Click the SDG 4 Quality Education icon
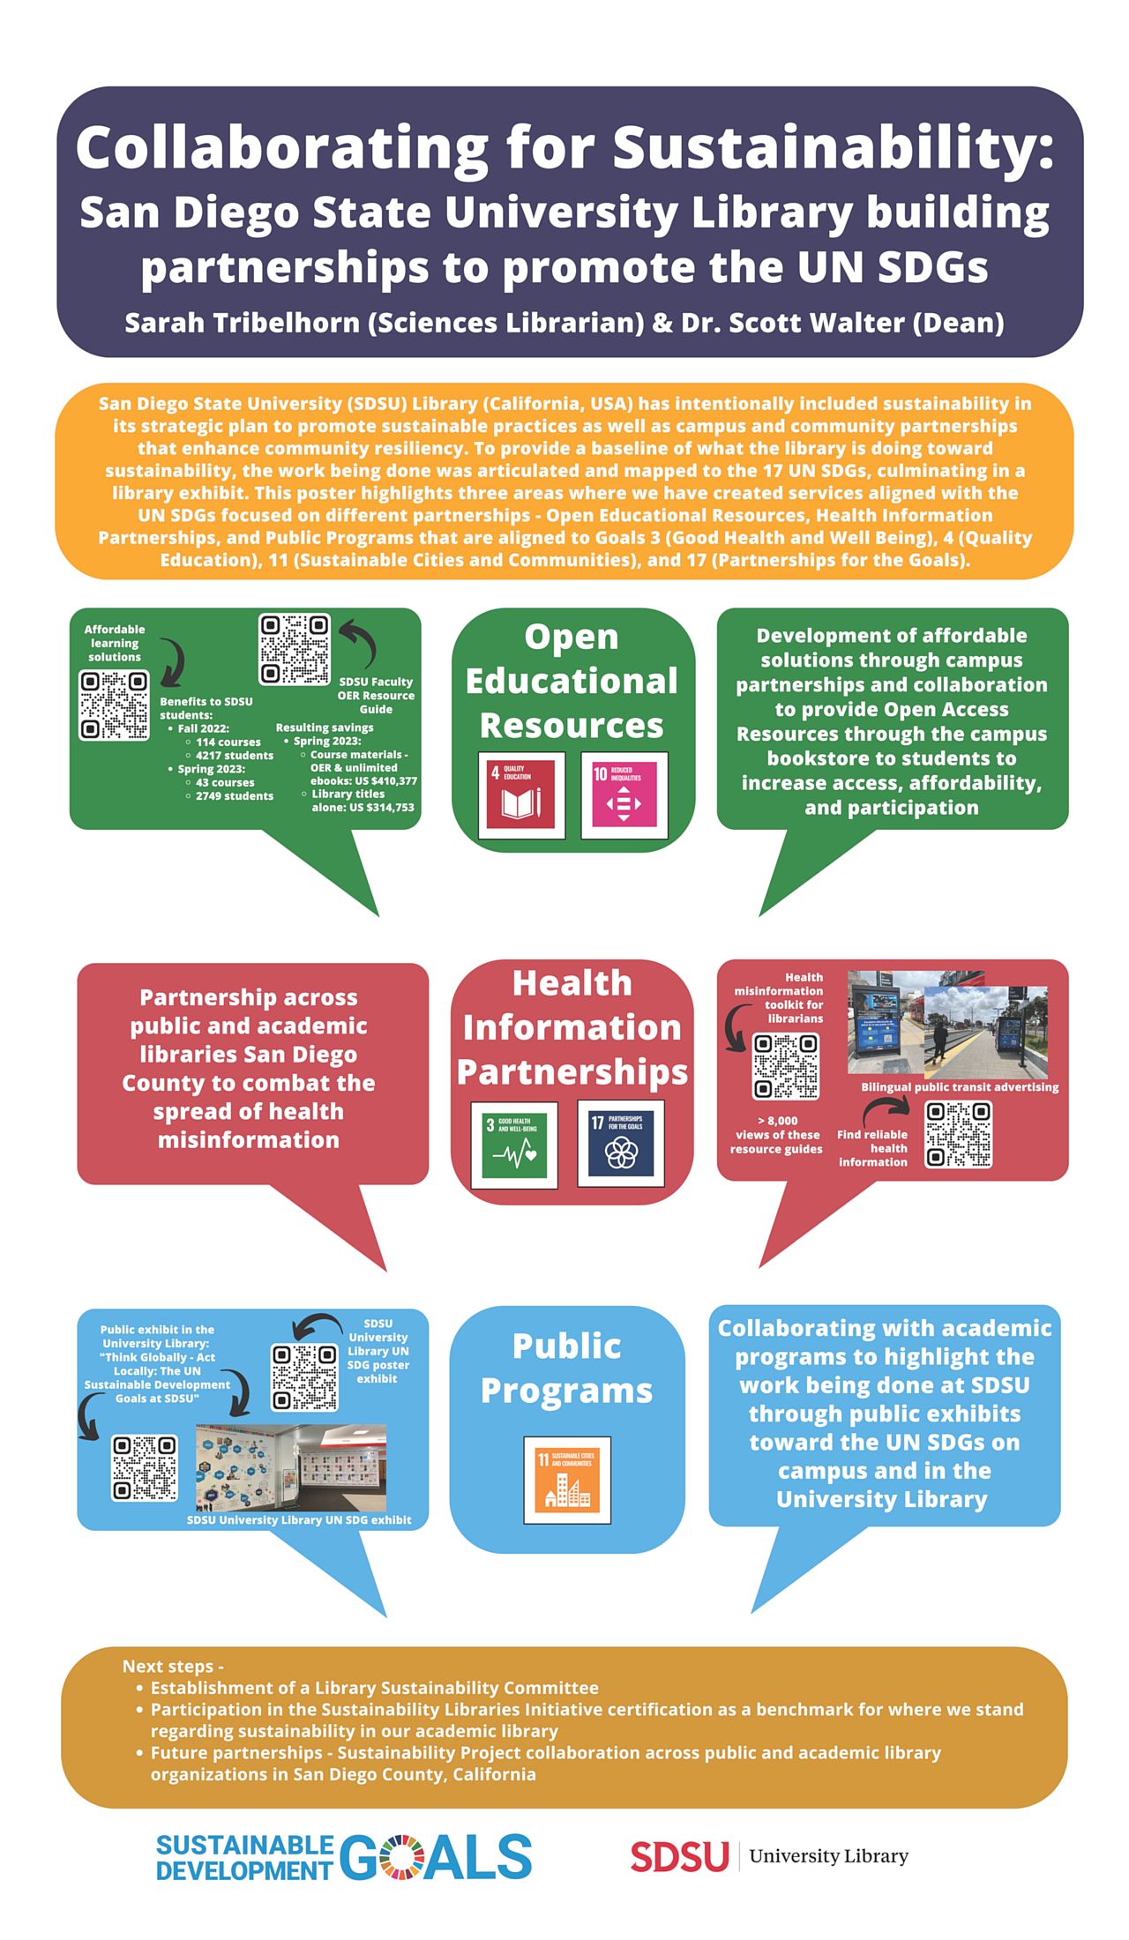[x=521, y=795]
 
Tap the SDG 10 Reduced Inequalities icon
[x=624, y=795]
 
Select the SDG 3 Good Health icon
[x=514, y=1145]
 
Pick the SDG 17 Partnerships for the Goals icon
[x=621, y=1143]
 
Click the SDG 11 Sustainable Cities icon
[x=567, y=1480]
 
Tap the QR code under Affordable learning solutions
[x=114, y=705]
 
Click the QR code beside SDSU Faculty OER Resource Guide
[x=295, y=649]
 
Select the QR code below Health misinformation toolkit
[x=785, y=1066]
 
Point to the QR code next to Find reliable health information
[x=958, y=1134]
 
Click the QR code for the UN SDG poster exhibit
[x=304, y=1377]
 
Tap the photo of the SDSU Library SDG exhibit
[x=290, y=1467]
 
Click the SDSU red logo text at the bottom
[x=679, y=1856]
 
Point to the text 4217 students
[x=235, y=755]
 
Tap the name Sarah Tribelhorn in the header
[x=243, y=323]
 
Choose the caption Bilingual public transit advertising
[x=960, y=1087]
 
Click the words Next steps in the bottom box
[x=173, y=1666]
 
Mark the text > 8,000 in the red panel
[x=777, y=1121]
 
